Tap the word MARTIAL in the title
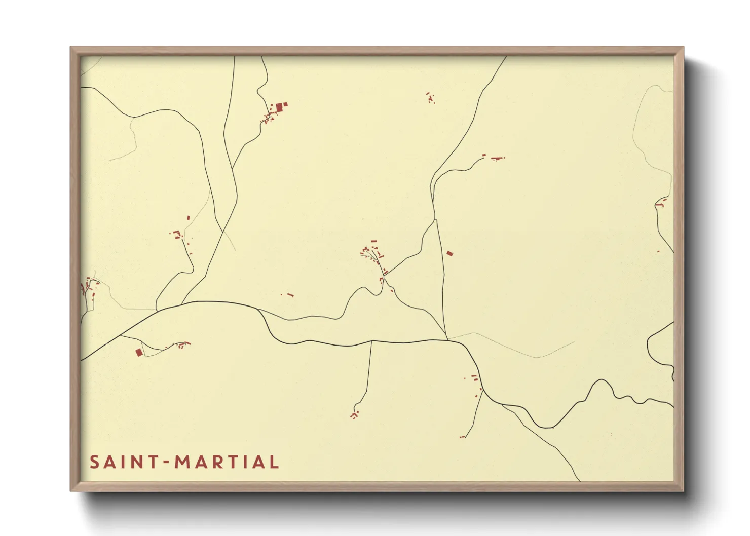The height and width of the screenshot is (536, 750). pos(227,462)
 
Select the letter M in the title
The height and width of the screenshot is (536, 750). pos(182,462)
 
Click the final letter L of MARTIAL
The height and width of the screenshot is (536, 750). pos(274,462)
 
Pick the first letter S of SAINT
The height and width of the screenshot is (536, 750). pos(94,462)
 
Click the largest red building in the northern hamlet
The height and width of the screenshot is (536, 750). pos(279,107)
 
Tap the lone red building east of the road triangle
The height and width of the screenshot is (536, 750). pos(449,253)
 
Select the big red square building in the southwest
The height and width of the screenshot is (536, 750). pos(139,352)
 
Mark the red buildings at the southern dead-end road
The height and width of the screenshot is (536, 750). pos(354,415)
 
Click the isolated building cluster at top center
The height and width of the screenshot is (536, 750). pos(430,98)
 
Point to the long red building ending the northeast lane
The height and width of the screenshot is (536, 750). pos(498,159)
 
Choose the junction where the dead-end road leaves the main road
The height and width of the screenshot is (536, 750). pos(371,342)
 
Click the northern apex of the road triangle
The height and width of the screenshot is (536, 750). pos(435,220)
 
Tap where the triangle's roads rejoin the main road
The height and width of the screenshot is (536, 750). pos(447,338)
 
